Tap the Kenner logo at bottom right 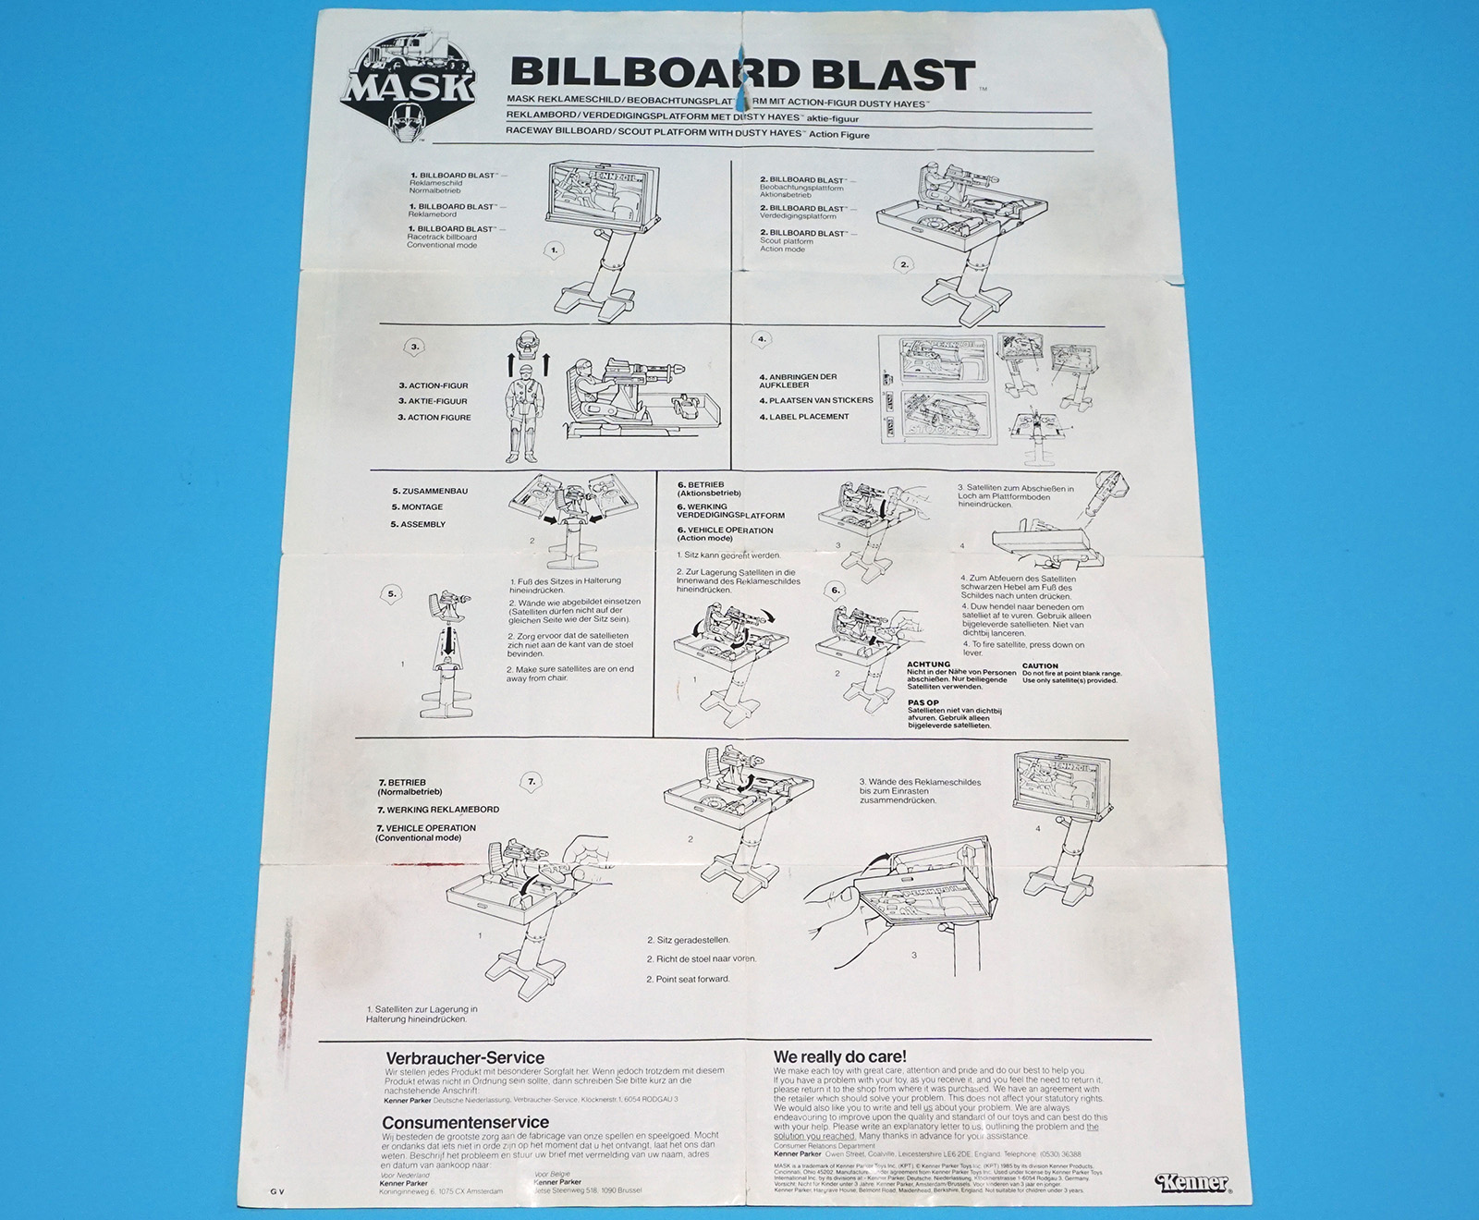pos(1192,1182)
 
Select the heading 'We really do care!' pos(839,1056)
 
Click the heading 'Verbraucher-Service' pos(464,1058)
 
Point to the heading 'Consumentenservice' pos(465,1123)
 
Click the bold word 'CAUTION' pos(1040,665)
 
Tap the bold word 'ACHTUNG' pos(928,665)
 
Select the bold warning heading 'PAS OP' pos(923,702)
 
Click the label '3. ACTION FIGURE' pos(434,418)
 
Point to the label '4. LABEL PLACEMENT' pos(803,417)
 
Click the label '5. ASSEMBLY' pos(418,524)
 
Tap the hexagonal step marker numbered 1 pos(553,250)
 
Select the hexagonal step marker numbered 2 pos(904,264)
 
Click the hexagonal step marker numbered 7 pos(532,782)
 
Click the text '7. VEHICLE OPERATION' pos(426,828)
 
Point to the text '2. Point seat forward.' pos(688,979)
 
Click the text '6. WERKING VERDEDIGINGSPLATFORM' pos(730,510)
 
